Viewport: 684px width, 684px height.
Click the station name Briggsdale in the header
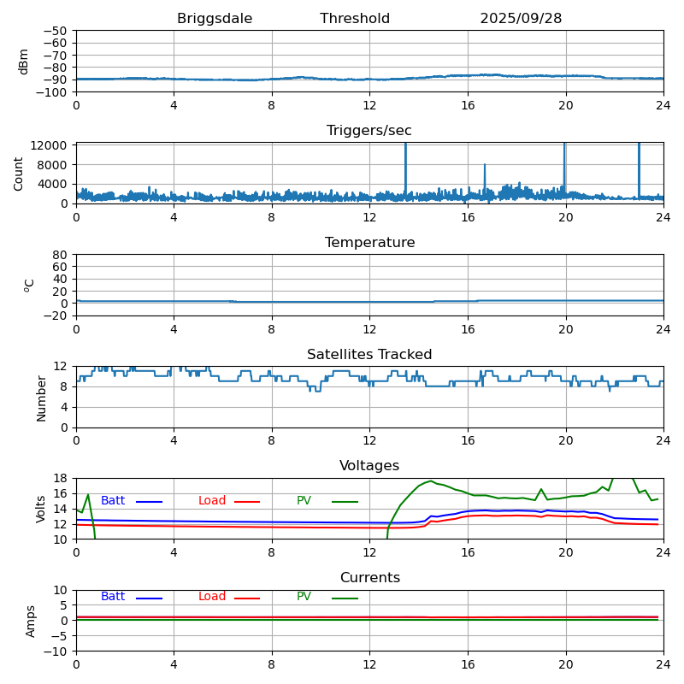(x=215, y=19)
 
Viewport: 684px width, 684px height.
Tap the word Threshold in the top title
(x=355, y=19)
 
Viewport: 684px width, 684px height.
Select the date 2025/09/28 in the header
(x=521, y=19)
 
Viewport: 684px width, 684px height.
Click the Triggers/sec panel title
(x=369, y=131)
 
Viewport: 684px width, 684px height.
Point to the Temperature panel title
(x=369, y=243)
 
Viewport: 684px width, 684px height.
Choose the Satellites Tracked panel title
(x=369, y=355)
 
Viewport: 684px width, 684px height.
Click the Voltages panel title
(x=369, y=466)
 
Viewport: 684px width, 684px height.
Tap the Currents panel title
(x=369, y=578)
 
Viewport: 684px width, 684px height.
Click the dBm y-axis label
(x=24, y=61)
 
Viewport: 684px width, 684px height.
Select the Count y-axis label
(x=20, y=173)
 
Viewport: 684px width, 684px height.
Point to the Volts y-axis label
(x=41, y=509)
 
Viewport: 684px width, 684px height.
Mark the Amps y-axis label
(x=31, y=621)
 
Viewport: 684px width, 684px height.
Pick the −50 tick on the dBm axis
(x=57, y=31)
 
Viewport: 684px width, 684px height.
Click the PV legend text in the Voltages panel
(x=304, y=501)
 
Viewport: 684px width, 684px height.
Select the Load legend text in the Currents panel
(x=212, y=597)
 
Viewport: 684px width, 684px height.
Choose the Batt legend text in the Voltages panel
(x=113, y=501)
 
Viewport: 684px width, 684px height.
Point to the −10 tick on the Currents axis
(x=57, y=652)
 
